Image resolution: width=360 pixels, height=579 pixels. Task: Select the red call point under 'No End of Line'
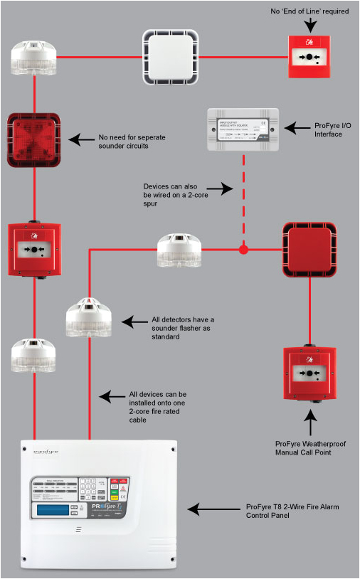[310, 56]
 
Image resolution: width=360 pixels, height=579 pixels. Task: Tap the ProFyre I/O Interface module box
[243, 129]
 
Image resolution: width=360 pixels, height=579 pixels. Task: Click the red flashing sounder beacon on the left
[33, 139]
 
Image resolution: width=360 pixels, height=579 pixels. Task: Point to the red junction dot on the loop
[243, 250]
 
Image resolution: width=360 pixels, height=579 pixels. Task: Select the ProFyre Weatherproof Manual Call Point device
[310, 373]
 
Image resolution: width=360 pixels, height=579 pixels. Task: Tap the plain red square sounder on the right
[310, 249]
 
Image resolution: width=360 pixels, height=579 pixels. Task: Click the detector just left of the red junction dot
[179, 250]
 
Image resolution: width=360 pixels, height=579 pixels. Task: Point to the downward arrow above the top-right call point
[310, 24]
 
